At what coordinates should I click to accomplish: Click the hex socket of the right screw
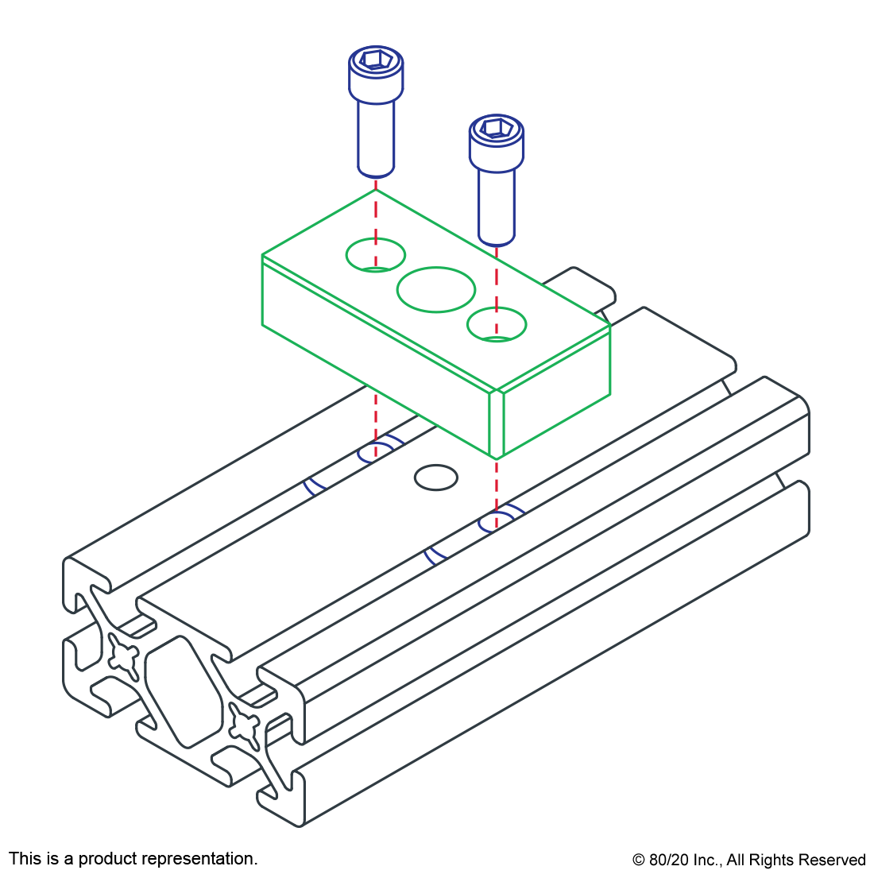tap(496, 128)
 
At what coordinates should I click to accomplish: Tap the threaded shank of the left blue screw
tap(376, 139)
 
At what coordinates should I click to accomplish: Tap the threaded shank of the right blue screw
tap(496, 207)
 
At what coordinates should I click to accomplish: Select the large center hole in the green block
tap(436, 289)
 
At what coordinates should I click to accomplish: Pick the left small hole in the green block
tap(376, 255)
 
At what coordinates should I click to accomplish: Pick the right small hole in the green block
tap(496, 324)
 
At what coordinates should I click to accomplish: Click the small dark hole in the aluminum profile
tap(436, 478)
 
